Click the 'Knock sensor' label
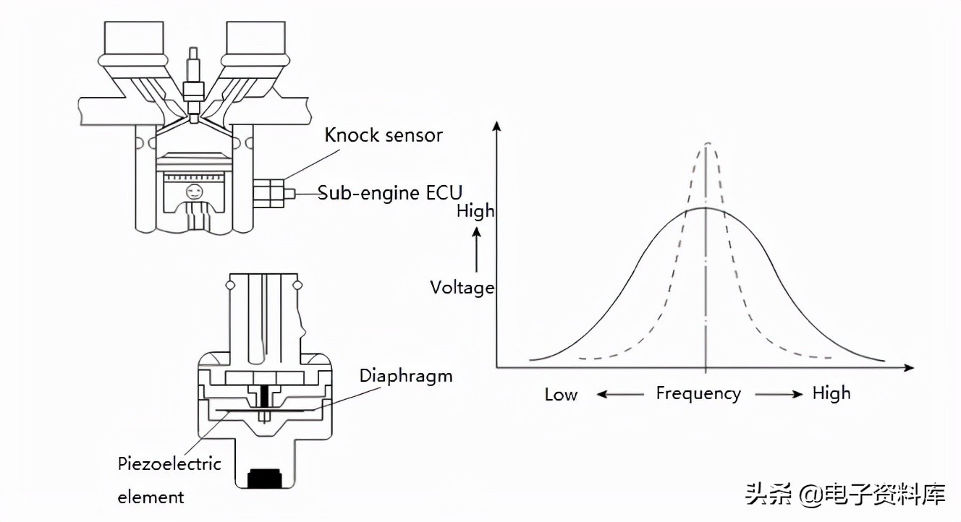point(383,135)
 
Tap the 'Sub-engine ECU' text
point(390,193)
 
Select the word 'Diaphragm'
point(406,376)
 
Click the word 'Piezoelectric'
point(169,463)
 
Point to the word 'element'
point(151,497)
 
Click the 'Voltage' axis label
point(462,288)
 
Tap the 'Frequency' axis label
point(698,393)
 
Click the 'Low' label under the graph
point(561,395)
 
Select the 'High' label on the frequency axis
point(831,393)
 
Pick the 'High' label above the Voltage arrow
point(475,211)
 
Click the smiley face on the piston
point(193,192)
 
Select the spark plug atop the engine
point(193,76)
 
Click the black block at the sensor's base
point(265,478)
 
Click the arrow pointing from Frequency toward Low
point(620,394)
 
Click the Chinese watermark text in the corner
point(845,496)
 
